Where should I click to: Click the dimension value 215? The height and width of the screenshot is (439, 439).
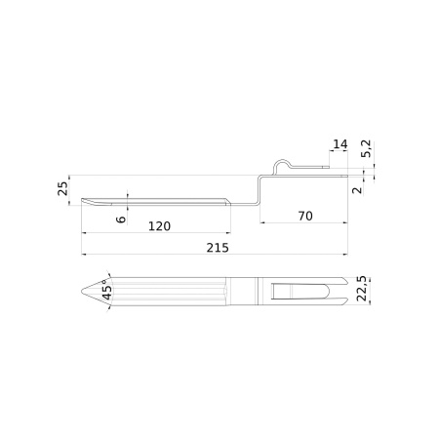tap(218, 248)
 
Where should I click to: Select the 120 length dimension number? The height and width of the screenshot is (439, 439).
tap(159, 226)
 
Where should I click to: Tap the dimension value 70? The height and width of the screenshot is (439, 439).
tap(305, 216)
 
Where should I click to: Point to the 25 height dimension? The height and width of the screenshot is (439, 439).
tap(62, 188)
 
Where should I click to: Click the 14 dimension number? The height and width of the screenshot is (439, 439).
tap(340, 144)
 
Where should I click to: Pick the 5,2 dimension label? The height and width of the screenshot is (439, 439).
tap(366, 149)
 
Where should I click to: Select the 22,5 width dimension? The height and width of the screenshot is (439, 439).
tap(362, 289)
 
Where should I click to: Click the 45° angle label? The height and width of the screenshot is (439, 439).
tap(106, 290)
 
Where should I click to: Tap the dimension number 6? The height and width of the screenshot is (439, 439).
tap(121, 219)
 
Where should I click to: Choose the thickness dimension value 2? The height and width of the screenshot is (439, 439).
tap(358, 190)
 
